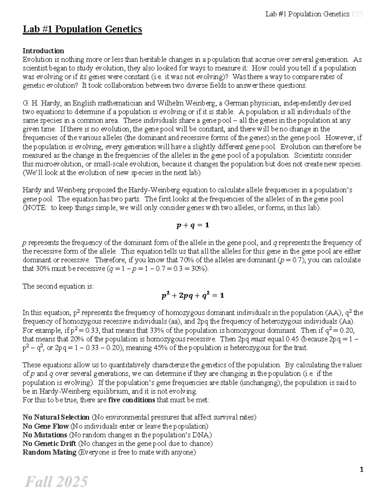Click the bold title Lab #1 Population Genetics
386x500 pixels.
click(82, 29)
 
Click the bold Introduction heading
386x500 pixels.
click(43, 51)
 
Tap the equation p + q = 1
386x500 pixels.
click(193, 225)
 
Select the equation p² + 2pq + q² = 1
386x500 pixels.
click(193, 295)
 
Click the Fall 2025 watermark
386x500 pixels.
click(56, 482)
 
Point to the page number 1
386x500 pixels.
click(362, 470)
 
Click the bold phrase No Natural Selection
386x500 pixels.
click(56, 417)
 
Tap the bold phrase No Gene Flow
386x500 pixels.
click(45, 426)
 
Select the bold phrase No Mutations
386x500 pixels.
click(45, 435)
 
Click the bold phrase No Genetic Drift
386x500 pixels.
click(49, 444)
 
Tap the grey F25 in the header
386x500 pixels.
click(357, 14)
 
